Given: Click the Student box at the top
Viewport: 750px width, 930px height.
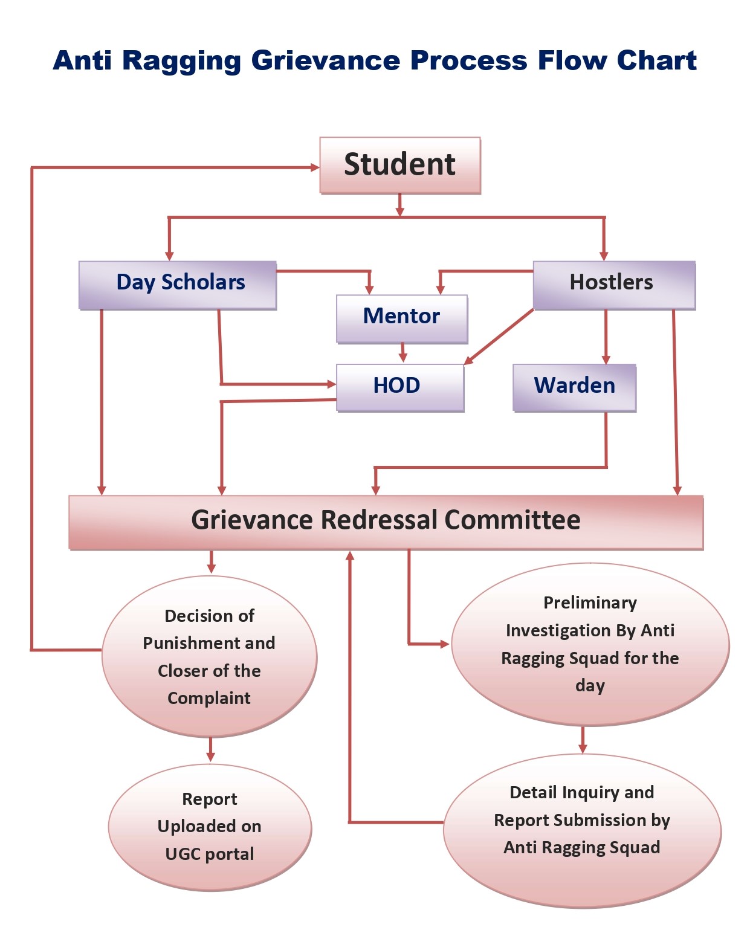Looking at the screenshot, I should click(399, 165).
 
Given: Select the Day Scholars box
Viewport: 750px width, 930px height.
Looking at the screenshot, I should click(178, 285).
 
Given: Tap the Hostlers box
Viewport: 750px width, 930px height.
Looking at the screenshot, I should click(613, 284).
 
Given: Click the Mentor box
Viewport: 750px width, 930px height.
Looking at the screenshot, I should click(402, 318).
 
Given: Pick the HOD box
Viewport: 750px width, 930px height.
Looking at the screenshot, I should click(399, 387).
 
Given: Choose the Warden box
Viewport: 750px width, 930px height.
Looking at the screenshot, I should click(574, 387).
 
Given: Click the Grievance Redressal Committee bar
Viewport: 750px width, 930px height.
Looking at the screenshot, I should click(386, 522).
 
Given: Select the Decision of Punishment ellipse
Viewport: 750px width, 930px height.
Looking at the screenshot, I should click(209, 657).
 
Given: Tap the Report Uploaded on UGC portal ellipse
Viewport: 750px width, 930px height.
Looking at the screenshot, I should click(210, 827).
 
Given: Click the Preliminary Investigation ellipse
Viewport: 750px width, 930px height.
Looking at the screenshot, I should click(590, 644).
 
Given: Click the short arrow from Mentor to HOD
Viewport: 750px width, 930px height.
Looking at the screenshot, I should click(403, 353).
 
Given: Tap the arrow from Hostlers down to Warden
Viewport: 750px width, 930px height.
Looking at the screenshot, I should click(606, 337).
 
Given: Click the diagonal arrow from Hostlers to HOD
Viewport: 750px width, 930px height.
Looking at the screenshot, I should click(499, 337).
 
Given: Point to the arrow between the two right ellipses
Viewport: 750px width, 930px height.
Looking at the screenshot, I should click(583, 740).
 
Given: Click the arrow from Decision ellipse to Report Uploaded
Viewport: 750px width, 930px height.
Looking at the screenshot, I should click(210, 749).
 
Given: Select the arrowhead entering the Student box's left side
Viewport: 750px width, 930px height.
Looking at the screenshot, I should click(315, 167).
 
